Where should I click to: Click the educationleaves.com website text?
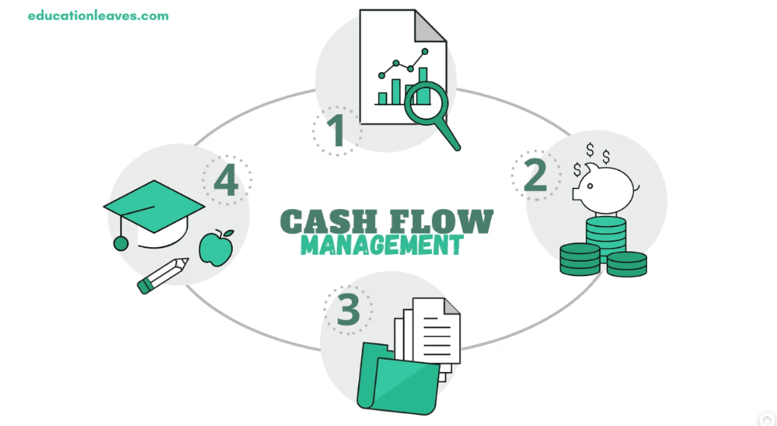(98, 15)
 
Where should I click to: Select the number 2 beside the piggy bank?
(535, 175)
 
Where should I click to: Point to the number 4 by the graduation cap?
(227, 182)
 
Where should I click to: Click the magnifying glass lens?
(426, 101)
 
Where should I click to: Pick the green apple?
(214, 247)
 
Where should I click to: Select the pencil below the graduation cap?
(163, 275)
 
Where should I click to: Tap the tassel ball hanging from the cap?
(120, 243)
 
